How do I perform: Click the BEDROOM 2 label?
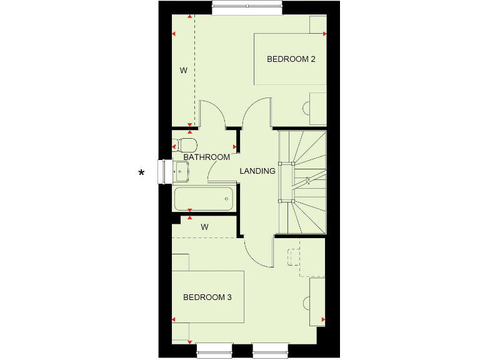[291, 59]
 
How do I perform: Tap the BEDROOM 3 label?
[207, 297]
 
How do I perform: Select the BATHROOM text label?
[207, 157]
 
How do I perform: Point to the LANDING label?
[257, 171]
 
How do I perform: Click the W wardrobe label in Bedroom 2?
[184, 71]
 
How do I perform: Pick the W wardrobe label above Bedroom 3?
[204, 227]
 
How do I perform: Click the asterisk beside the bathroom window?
[142, 172]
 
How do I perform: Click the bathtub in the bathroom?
[203, 199]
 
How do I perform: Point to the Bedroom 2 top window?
[247, 8]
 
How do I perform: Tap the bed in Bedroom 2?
[290, 59]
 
